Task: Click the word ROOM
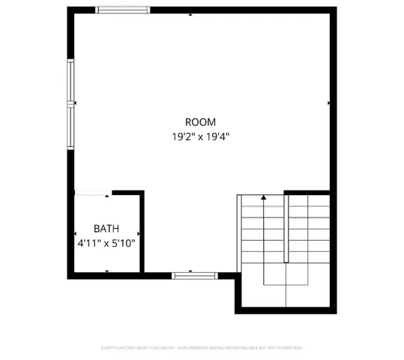tap(200, 122)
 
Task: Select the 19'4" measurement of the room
tap(218, 136)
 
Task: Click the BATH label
tap(106, 229)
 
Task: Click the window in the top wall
tap(123, 10)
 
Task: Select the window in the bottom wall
tap(195, 276)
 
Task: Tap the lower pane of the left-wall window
tap(72, 126)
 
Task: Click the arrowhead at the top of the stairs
tap(264, 197)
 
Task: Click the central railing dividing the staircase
tap(286, 228)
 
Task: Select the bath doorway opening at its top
tap(93, 193)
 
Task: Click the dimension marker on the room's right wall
tap(329, 102)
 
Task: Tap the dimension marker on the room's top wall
tap(193, 14)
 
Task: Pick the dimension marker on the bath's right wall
tap(139, 234)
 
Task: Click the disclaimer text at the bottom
tap(202, 348)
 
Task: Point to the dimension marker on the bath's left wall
tap(75, 234)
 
